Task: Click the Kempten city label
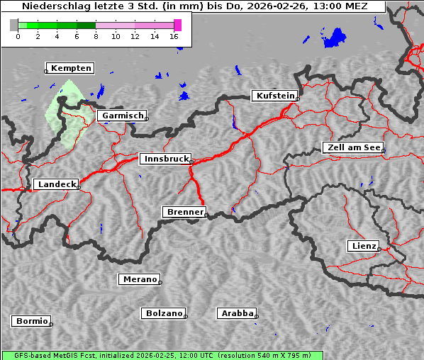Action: pos(72,68)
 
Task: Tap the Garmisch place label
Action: pos(123,116)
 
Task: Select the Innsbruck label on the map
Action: pos(165,159)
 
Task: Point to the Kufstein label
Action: pos(274,96)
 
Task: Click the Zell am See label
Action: pos(352,147)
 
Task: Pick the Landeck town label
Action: pos(56,184)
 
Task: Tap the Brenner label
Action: pos(184,212)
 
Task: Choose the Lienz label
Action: pos(363,246)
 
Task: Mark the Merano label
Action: pos(139,279)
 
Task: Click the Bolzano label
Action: pos(164,313)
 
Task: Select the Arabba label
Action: pos(236,313)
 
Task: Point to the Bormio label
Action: pos(32,321)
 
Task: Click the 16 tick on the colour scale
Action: pos(174,36)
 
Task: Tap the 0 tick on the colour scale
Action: pos(18,36)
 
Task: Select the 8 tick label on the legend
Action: pos(96,36)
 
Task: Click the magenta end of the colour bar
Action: pos(177,25)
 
